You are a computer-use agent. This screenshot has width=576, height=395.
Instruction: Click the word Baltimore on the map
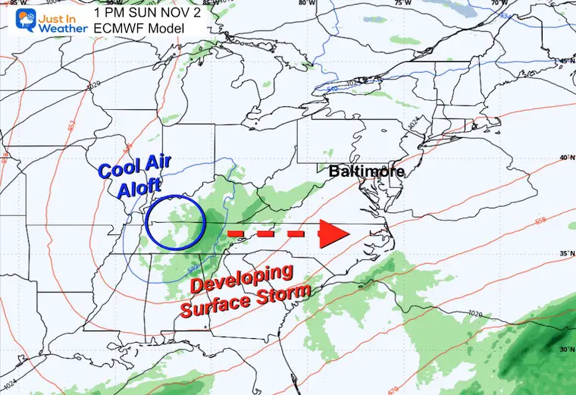click(366, 172)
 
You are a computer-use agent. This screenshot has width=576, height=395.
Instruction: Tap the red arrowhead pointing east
click(332, 234)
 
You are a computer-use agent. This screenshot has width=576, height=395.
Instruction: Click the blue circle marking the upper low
click(175, 223)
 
